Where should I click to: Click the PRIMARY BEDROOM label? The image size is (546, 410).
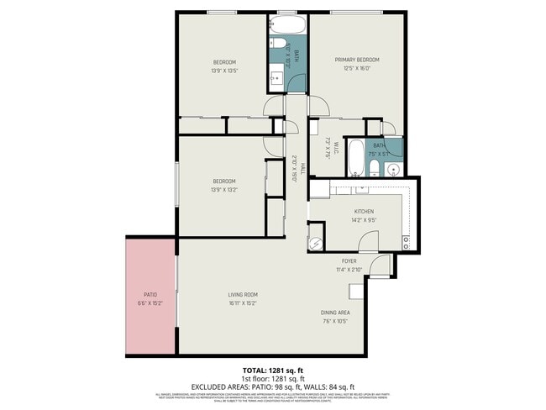357,60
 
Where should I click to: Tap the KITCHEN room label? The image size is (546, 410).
363,212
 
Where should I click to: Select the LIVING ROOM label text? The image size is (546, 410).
242,294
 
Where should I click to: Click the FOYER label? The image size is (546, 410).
348,261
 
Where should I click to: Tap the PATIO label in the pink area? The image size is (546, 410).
150,294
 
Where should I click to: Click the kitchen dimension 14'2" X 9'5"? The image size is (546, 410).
363,220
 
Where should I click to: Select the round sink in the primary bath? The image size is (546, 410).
392,170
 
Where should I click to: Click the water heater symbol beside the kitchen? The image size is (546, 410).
315,244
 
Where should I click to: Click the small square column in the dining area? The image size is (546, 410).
355,290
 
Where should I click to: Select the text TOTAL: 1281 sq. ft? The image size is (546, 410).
272,371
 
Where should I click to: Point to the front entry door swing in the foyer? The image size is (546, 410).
380,266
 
